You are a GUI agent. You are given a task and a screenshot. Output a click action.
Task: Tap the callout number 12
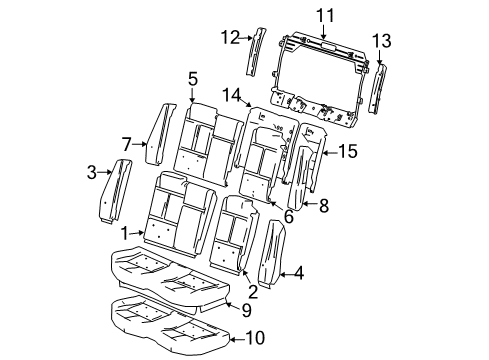(230, 37)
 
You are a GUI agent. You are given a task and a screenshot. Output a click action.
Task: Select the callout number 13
(381, 40)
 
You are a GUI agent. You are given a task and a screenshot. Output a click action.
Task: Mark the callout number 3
(91, 172)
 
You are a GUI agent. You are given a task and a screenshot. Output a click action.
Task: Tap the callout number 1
(126, 232)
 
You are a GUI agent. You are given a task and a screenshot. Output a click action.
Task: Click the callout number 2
(253, 292)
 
